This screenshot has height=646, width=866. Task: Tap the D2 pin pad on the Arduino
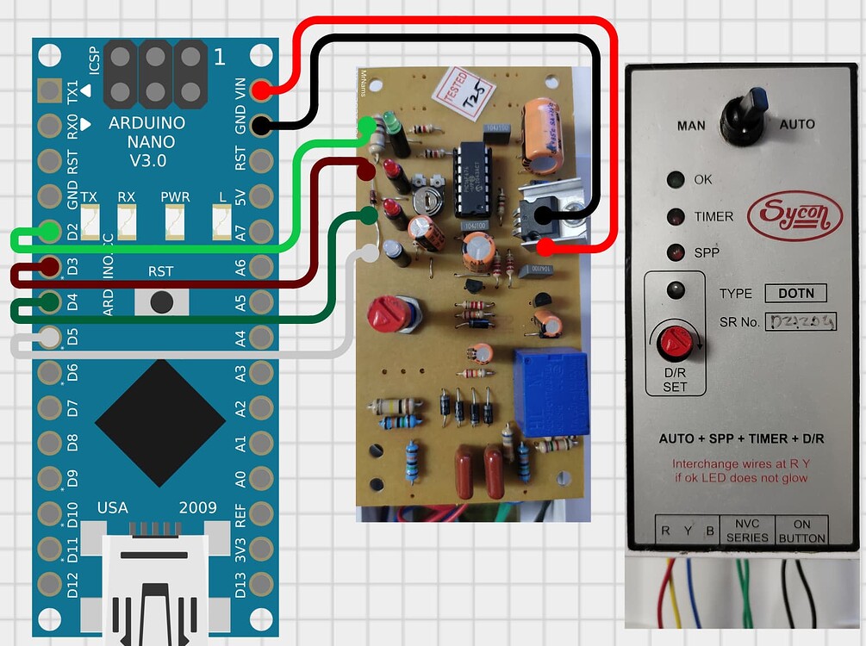tap(49, 231)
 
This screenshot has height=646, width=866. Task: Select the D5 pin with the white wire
tap(49, 337)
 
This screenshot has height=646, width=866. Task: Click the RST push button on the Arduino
tap(160, 301)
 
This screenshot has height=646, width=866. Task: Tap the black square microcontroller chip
tap(153, 419)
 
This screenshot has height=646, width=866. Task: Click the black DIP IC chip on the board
tap(473, 178)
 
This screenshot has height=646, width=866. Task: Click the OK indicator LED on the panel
tap(676, 180)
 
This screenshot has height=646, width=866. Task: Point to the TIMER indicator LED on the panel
tap(676, 217)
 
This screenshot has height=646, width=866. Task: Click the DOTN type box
tap(794, 293)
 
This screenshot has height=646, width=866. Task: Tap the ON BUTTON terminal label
tap(801, 531)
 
